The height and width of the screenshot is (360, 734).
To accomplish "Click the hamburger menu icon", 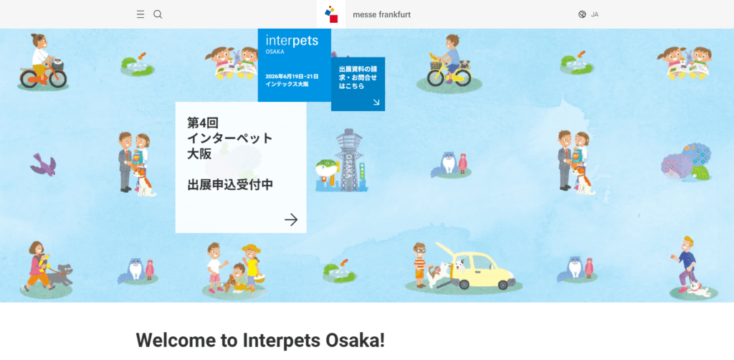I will [140, 14].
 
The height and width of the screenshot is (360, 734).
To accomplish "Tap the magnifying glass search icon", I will [158, 14].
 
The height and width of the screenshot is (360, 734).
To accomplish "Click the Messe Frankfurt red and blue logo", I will [331, 14].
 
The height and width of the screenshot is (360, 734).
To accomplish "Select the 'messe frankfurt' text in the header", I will [381, 14].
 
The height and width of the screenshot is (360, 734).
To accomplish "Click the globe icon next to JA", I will [582, 14].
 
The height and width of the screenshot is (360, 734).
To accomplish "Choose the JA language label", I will [595, 14].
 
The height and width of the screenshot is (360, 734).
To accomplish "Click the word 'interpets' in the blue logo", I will [292, 41].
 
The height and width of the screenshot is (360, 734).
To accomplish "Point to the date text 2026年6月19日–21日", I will [292, 76].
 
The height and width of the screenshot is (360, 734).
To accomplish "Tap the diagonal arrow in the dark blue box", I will [376, 103].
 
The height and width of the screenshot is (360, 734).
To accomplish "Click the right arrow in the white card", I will [290, 219].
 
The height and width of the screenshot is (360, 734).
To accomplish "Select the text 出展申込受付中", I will [230, 184].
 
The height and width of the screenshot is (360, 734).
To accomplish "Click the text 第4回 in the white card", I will [203, 123].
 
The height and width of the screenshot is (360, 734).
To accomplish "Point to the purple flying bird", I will [43, 165].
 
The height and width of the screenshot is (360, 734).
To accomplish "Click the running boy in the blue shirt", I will [687, 261].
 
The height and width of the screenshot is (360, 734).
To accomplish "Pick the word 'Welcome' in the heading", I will [173, 340].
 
